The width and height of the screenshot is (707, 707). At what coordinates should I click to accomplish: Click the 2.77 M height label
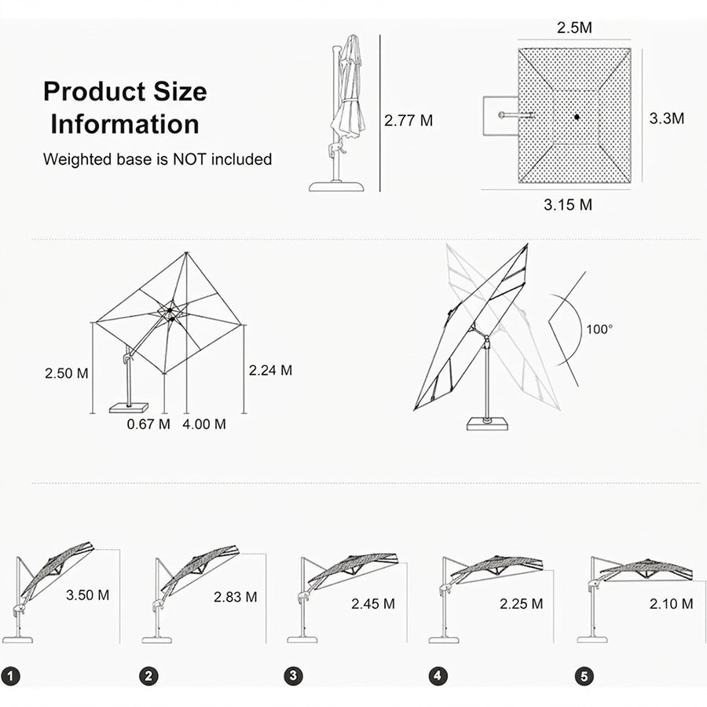point(408,120)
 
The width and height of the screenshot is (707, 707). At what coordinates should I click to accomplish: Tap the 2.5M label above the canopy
point(574,27)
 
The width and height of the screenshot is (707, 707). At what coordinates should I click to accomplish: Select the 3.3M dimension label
point(666,119)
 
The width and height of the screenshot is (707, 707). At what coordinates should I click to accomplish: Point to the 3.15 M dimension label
point(568,205)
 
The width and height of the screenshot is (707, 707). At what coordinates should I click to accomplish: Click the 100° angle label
point(599,329)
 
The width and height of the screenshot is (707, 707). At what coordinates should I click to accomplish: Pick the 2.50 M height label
point(66,373)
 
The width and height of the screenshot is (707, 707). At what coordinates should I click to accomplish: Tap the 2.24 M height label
point(270,370)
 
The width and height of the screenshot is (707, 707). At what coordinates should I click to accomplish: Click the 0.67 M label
point(148,424)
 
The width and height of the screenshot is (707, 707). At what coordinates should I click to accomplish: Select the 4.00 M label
point(204,424)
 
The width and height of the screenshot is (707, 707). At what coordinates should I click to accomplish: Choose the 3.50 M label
point(87,595)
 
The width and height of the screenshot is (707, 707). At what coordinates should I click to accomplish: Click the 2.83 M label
point(236,597)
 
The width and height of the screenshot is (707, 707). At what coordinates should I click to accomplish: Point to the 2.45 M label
point(373,604)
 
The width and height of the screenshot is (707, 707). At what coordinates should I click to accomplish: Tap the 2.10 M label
point(671,604)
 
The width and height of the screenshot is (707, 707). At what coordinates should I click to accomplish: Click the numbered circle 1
point(11,676)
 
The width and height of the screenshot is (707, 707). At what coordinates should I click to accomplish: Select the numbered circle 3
point(293,676)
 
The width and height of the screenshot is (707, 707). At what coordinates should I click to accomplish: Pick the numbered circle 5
point(584,676)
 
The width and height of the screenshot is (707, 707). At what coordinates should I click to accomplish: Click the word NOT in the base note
point(189,159)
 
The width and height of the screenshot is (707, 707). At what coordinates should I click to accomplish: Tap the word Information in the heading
point(125,124)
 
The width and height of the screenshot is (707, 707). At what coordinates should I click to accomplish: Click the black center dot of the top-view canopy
point(577,117)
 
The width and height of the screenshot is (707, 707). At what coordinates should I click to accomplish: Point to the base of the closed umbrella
point(336,186)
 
